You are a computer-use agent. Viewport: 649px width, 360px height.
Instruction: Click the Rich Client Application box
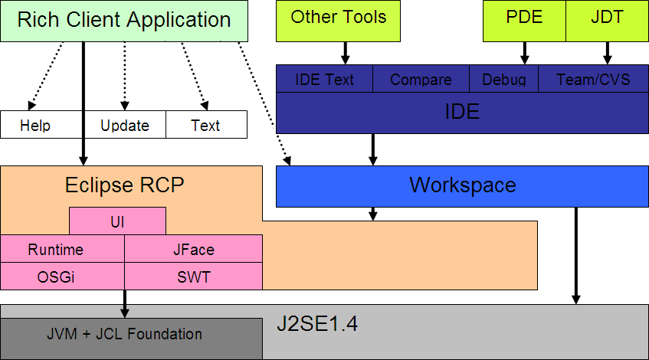[124, 21]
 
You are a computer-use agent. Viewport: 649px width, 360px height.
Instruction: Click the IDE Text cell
[324, 80]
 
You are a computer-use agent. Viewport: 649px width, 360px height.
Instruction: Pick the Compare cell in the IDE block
[421, 80]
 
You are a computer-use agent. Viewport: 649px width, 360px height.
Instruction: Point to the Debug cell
[503, 80]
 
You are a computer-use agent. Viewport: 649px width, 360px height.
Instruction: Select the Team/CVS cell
[593, 80]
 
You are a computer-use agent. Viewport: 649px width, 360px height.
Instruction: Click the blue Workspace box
[462, 185]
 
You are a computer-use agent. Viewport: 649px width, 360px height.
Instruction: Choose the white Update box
[124, 125]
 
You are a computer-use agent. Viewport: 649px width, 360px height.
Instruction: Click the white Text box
[206, 125]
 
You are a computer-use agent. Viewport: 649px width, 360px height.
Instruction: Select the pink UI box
[117, 221]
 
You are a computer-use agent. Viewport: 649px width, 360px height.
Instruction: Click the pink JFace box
[193, 249]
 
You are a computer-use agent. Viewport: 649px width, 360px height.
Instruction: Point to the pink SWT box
[193, 277]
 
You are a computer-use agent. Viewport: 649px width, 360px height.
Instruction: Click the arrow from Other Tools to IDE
[345, 53]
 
